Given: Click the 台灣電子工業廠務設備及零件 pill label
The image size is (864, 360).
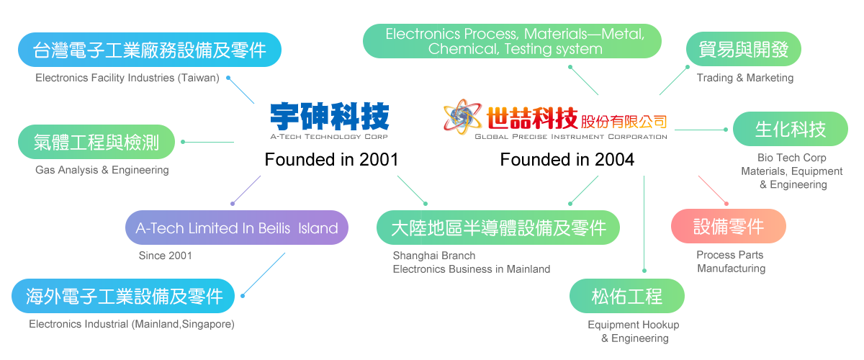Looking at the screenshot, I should pyautogui.click(x=149, y=50).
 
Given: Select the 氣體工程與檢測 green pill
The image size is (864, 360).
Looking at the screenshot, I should pyautogui.click(x=96, y=141).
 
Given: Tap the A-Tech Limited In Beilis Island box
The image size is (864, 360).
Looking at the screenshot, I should pyautogui.click(x=237, y=228).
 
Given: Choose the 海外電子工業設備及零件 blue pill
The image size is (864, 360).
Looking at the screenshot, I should pyautogui.click(x=123, y=296).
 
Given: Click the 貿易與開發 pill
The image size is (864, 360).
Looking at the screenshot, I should pyautogui.click(x=744, y=50).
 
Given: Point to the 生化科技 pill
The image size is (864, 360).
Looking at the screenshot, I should pyautogui.click(x=790, y=130).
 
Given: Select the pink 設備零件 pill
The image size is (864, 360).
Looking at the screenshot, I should pyautogui.click(x=728, y=227).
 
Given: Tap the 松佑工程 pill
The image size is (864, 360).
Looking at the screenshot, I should pyautogui.click(x=626, y=296).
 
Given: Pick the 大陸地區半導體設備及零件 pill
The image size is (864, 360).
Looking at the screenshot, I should pyautogui.click(x=498, y=228).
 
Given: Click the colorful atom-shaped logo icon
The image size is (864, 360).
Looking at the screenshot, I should pyautogui.click(x=464, y=119).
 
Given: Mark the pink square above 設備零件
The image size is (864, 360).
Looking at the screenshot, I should pyautogui.click(x=715, y=189).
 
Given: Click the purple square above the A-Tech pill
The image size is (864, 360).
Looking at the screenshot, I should pyautogui.click(x=246, y=190).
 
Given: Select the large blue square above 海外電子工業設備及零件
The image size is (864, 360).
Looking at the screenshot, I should pyautogui.click(x=264, y=274).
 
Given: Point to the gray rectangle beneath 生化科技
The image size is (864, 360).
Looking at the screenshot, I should pyautogui.click(x=795, y=172).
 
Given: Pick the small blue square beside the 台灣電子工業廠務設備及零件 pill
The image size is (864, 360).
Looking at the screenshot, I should pyautogui.click(x=240, y=90).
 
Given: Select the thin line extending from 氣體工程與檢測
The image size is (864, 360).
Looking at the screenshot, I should pyautogui.click(x=209, y=142).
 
